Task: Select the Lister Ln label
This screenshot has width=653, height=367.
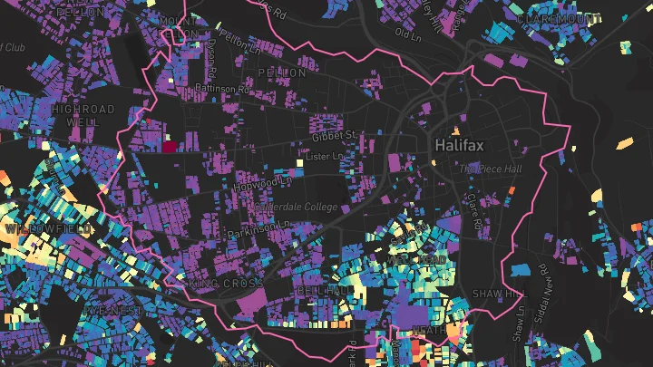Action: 326,157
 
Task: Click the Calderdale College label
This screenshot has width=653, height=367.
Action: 297,208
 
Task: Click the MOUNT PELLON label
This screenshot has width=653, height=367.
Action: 178,26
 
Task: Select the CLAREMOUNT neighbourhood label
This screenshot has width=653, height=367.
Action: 559,17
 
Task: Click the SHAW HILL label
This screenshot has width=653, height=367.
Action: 498,295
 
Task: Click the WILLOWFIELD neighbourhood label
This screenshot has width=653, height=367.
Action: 50,229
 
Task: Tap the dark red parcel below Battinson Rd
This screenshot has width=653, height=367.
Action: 170,143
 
